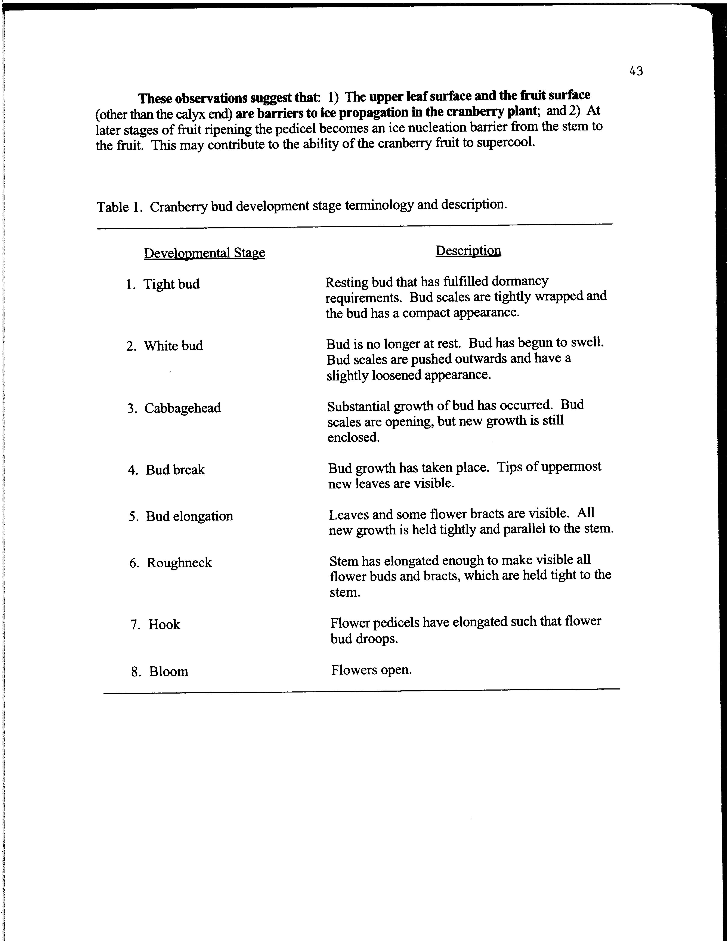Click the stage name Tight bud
[x=171, y=284]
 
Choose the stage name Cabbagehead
[x=183, y=408]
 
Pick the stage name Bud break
[x=175, y=470]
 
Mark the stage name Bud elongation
[x=189, y=516]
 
